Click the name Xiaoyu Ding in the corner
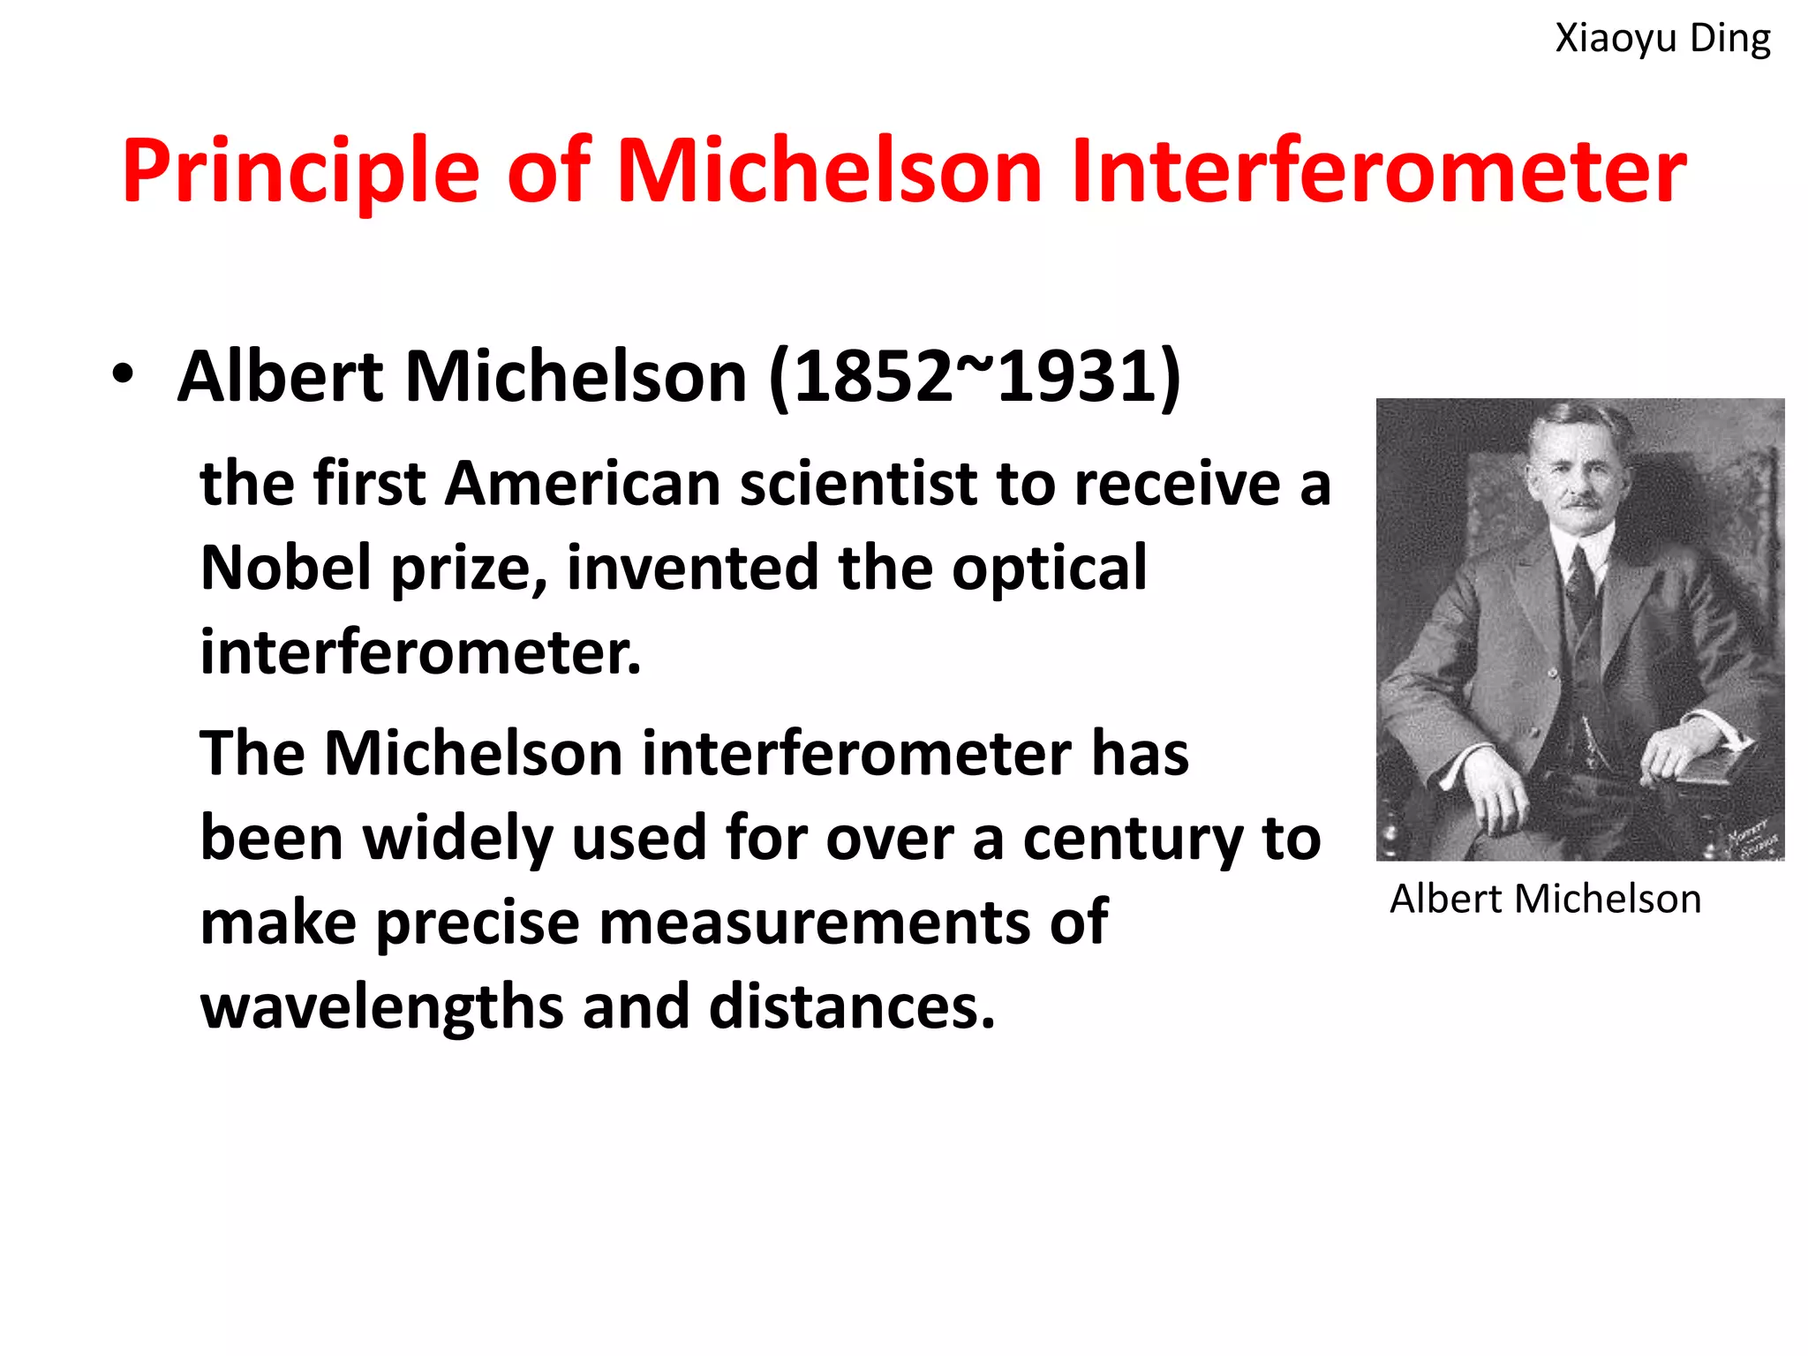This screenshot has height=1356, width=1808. point(1662,39)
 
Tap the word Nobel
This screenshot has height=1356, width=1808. point(285,568)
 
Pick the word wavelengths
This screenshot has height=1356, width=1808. point(381,1007)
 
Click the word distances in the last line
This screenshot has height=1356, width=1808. point(852,1007)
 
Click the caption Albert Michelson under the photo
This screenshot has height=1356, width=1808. point(1545,900)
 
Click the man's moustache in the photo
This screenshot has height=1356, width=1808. point(1582,504)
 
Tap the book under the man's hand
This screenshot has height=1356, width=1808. point(1717,764)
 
